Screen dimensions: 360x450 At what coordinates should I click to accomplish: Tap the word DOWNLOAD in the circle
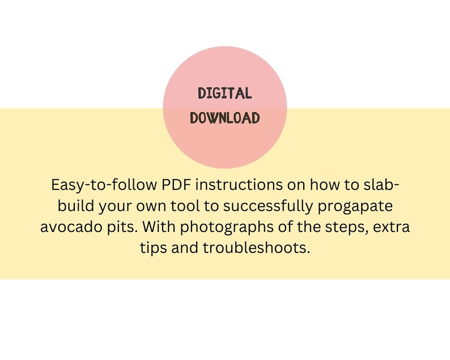[225, 118]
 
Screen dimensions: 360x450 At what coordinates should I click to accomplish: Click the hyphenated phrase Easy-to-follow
[101, 186]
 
